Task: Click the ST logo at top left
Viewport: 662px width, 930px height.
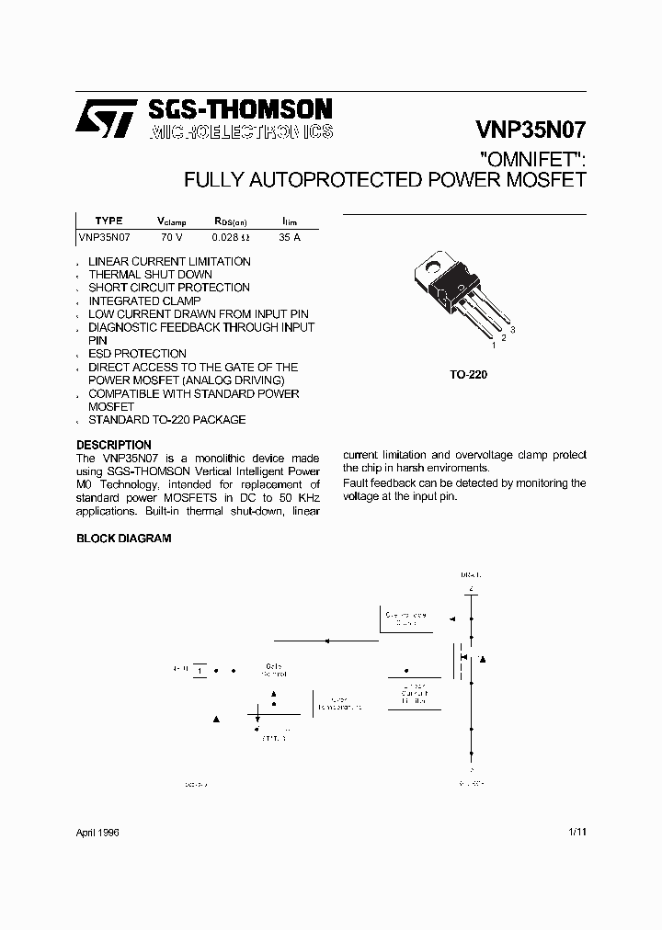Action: pos(107,119)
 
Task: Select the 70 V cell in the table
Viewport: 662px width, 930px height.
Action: pos(172,237)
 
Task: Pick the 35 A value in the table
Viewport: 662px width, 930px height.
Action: pos(289,237)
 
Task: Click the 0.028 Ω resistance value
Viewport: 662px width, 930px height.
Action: pos(231,237)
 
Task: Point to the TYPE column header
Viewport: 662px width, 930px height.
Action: pos(108,221)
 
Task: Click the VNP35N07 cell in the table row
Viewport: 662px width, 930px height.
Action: pos(105,237)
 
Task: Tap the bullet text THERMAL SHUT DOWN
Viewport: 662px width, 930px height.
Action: pos(150,275)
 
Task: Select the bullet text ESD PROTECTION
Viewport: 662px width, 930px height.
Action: pos(137,354)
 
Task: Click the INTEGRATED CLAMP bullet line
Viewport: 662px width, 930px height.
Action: pos(143,301)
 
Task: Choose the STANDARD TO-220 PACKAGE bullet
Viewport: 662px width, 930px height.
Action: pos(166,420)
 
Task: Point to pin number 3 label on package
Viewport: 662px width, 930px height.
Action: pos(512,329)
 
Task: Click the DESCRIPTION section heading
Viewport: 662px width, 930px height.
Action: pos(114,445)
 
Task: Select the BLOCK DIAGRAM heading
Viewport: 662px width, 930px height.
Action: pos(123,539)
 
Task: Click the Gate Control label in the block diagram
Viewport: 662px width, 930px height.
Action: pos(274,669)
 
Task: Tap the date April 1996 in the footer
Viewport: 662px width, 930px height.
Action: pos(97,832)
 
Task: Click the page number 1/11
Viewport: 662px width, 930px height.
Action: pos(577,832)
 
